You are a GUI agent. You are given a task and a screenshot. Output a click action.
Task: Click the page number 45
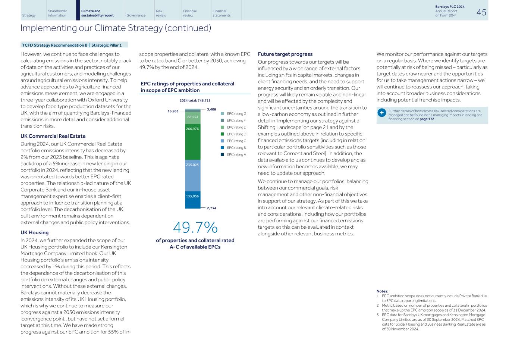click(481, 12)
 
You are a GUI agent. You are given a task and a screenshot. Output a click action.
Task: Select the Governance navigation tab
click(136, 15)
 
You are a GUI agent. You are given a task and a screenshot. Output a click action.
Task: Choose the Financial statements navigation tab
click(221, 13)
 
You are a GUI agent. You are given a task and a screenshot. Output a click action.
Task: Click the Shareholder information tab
click(57, 13)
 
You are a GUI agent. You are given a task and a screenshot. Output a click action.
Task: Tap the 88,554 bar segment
click(192, 117)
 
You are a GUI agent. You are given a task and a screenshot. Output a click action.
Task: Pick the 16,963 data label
click(173, 111)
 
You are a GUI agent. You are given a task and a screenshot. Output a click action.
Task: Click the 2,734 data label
click(211, 208)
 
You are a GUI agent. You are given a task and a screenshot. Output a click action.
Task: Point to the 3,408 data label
click(211, 109)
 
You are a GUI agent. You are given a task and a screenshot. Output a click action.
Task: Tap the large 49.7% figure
click(195, 228)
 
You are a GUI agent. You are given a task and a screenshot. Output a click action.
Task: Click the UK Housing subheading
click(35, 232)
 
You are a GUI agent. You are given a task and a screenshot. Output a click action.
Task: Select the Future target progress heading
click(285, 54)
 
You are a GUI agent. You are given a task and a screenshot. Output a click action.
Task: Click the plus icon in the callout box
click(382, 113)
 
